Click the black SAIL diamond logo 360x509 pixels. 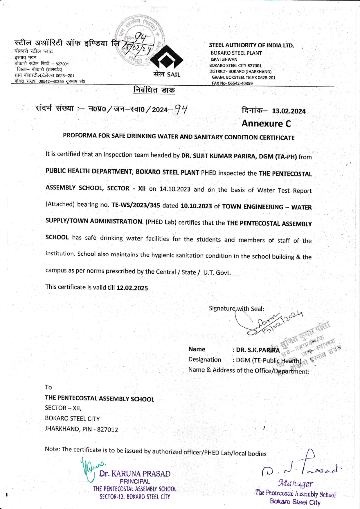pos(167,60)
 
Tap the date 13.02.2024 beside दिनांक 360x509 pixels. pos(289,111)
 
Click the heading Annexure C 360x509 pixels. pos(266,124)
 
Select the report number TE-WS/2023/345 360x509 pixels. pos(136,205)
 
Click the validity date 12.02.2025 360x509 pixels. pos(132,288)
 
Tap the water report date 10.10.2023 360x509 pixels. pos(196,206)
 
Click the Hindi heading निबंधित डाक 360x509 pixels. pos(154,90)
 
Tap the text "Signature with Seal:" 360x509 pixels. pos(236,308)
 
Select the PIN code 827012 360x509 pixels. pos(107,429)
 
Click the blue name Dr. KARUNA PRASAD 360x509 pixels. pos(135,474)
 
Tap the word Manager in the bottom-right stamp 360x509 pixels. pos(296,483)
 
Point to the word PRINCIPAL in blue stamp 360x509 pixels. pos(135,481)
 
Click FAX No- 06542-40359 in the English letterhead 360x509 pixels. pos(232,83)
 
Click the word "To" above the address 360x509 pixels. pos(48,387)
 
